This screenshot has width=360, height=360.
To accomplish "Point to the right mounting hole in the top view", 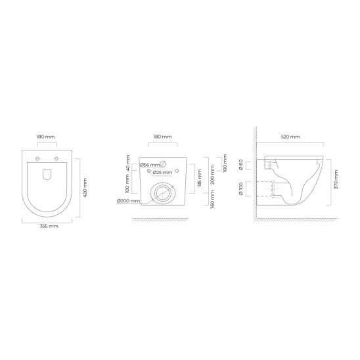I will click(56, 160).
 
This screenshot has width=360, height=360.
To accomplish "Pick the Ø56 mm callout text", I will click(150, 164).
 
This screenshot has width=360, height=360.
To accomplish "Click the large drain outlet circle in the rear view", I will click(162, 193).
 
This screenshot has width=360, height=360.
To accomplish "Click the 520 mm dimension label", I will click(290, 137).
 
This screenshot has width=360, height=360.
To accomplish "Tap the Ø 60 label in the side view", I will click(240, 164).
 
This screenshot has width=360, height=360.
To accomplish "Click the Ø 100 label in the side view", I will click(240, 189).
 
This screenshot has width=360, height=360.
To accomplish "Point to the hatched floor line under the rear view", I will click(162, 220).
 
